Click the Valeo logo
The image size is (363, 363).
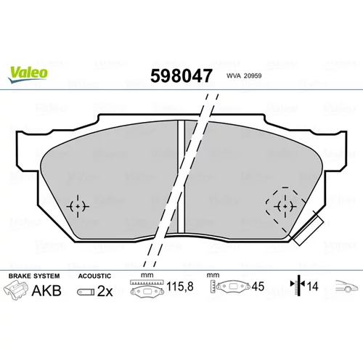tap(28, 75)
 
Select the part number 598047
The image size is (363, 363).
tap(181, 76)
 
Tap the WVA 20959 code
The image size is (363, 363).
tap(244, 76)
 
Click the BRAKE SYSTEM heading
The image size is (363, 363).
tap(34, 276)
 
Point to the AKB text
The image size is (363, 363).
tap(46, 290)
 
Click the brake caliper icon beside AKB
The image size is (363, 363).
tap(16, 290)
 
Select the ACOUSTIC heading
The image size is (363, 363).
tap(94, 276)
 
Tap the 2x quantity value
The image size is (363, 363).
tap(105, 291)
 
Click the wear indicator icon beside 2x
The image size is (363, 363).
tap(86, 292)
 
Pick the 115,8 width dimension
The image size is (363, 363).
tap(180, 287)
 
